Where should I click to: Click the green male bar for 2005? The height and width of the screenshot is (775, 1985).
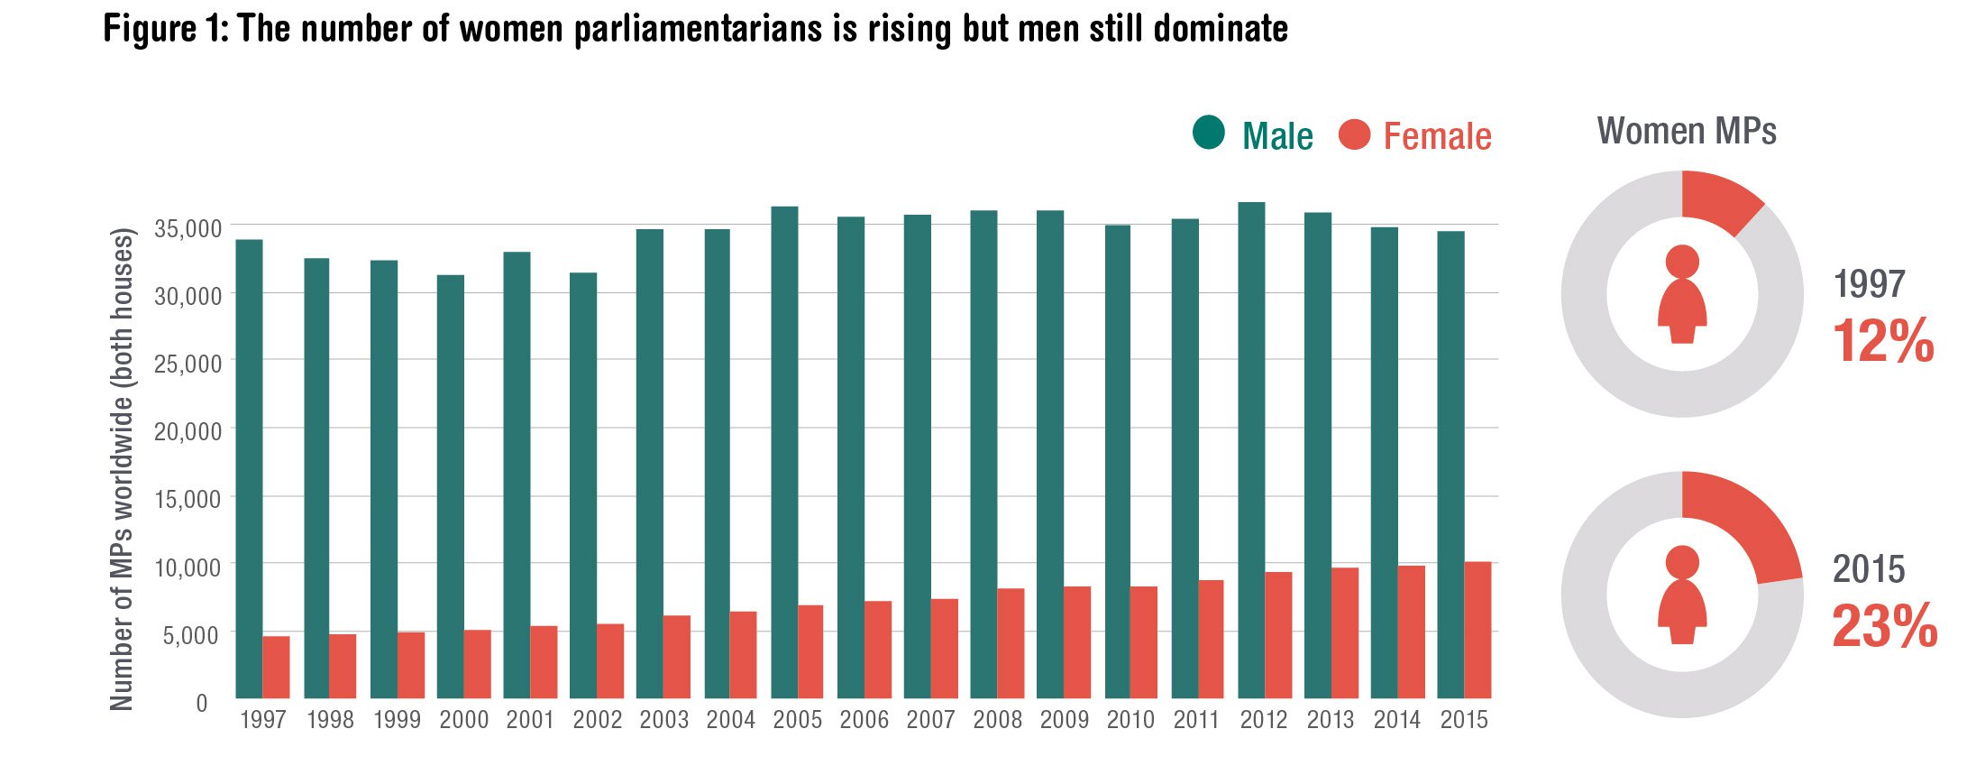point(784,451)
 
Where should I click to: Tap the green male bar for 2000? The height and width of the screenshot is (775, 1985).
point(450,487)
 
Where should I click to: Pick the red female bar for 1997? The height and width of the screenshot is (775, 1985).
point(276,668)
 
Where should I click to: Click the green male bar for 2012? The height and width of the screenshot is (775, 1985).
point(1251,451)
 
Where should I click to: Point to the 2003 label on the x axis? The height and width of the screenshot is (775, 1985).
point(664,720)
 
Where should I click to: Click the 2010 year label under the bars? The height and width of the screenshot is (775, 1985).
point(1130,720)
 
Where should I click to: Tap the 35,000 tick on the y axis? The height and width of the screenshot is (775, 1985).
point(188,229)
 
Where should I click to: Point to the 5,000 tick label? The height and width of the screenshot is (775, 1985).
point(191,636)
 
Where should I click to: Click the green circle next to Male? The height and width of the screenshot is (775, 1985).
point(1208,133)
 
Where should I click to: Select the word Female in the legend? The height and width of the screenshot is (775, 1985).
point(1437,136)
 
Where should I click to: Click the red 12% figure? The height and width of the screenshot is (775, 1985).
point(1882,341)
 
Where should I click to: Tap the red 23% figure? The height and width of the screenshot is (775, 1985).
point(1884,626)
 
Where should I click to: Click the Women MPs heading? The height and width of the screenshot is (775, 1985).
point(1686,132)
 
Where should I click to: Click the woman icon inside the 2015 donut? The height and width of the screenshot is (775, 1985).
point(1682,595)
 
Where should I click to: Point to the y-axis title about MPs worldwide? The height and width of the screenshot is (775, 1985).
point(122,469)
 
